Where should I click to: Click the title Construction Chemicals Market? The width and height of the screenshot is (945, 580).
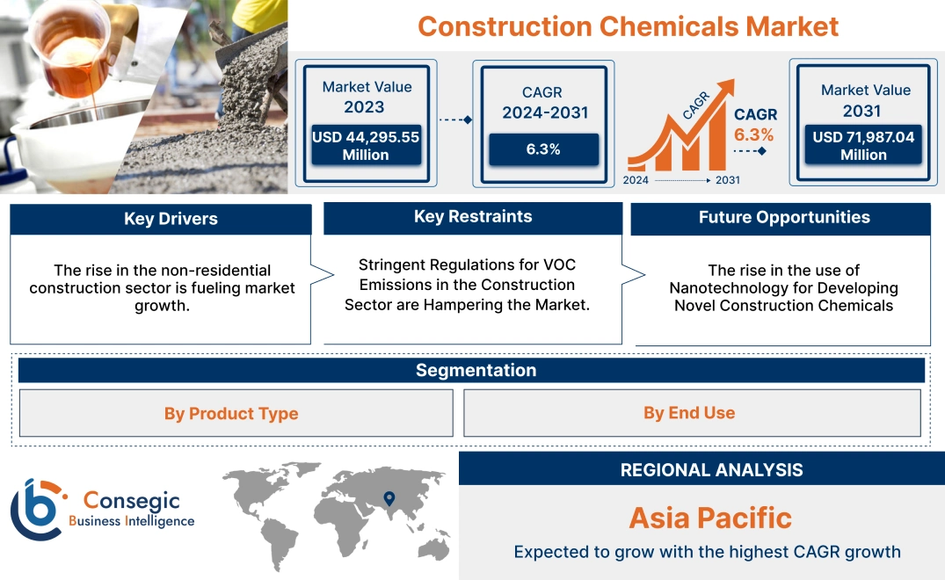click(628, 25)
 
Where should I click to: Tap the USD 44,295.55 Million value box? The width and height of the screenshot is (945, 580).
click(365, 146)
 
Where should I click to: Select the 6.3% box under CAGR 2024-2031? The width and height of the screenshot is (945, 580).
click(543, 149)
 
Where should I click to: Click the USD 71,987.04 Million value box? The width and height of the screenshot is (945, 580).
click(863, 146)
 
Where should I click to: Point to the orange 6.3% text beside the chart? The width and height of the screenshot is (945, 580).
click(754, 134)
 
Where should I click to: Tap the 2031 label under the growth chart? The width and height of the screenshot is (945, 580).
click(727, 180)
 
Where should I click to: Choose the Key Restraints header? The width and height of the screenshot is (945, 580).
click(473, 217)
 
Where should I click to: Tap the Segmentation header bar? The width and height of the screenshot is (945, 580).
click(476, 370)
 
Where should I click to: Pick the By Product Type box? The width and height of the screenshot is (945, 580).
click(231, 413)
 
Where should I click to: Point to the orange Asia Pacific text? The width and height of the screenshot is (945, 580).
click(710, 518)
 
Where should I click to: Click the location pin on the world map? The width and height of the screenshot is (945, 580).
click(388, 500)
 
